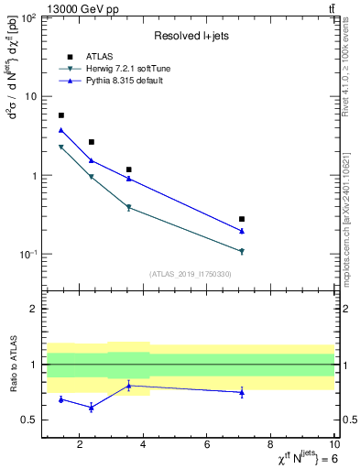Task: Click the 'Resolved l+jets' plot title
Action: coord(190,36)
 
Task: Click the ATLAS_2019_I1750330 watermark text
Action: coord(190,273)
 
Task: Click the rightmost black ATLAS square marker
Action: coord(242,219)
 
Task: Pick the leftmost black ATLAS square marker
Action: coord(61,115)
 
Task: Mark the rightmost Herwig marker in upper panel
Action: coord(242,251)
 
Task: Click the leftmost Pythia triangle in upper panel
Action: coord(61,130)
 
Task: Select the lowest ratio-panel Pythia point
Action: coord(91,407)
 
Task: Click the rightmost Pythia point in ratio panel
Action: coord(242,392)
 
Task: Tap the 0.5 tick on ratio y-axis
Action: coord(31,420)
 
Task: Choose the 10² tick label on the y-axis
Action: coord(27,18)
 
